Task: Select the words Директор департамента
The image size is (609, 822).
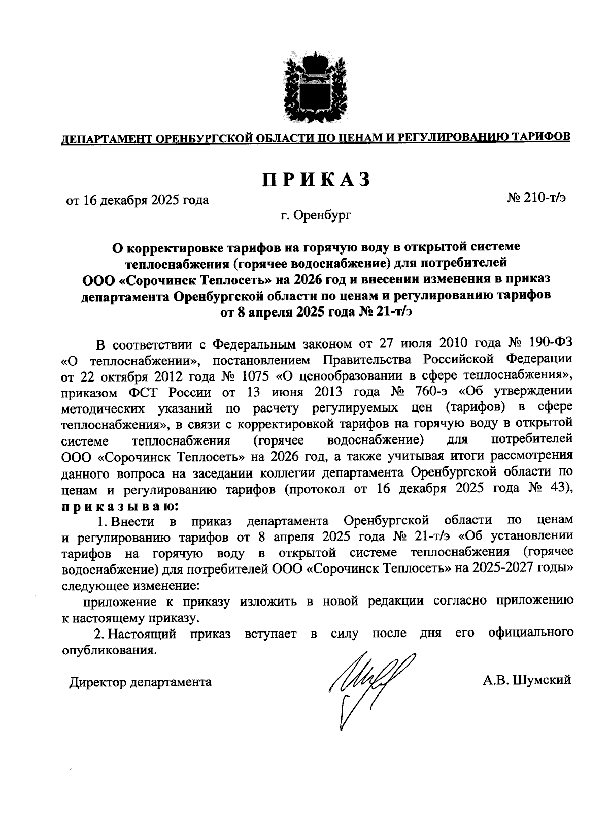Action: tap(141, 682)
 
